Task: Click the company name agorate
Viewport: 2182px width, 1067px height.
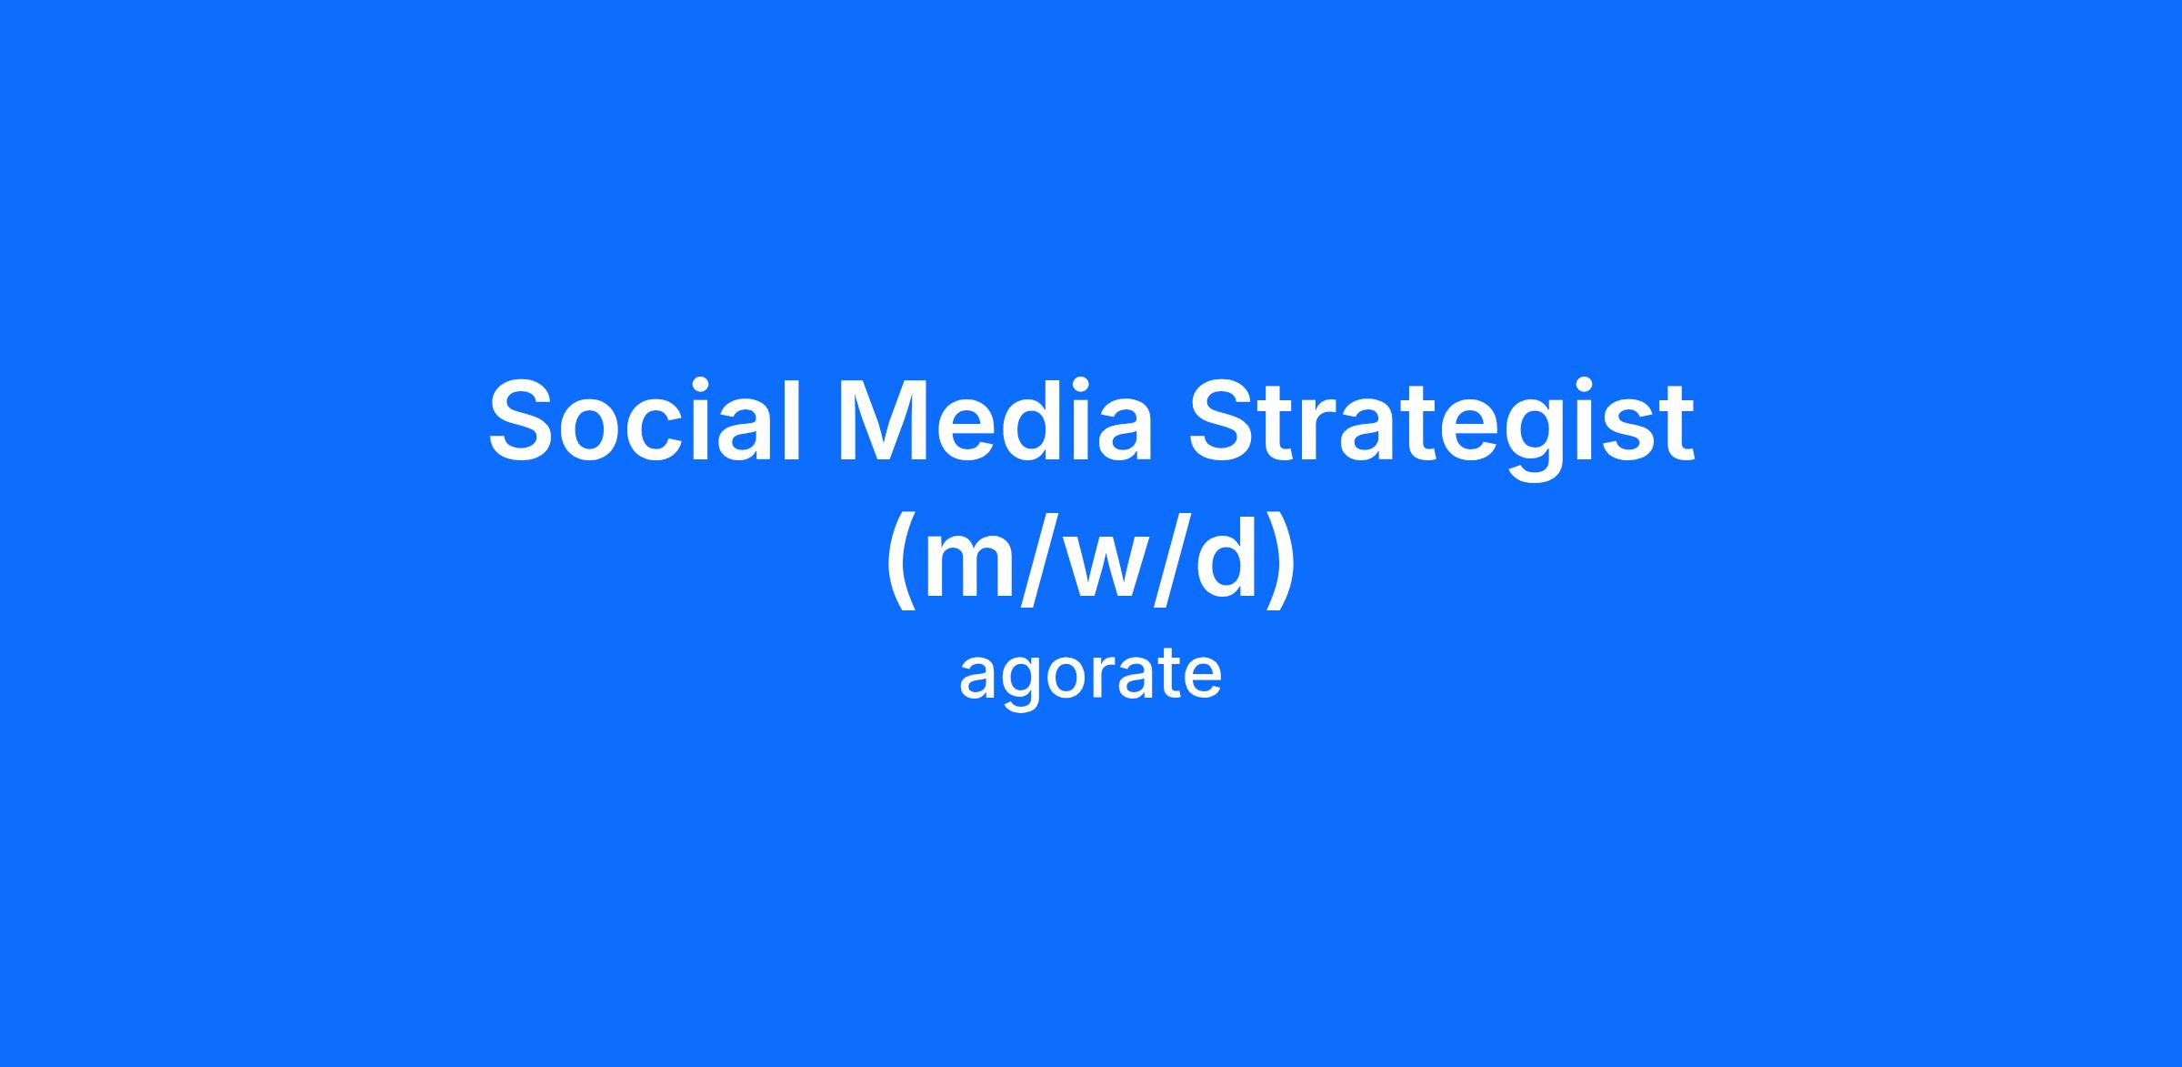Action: click(1090, 676)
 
